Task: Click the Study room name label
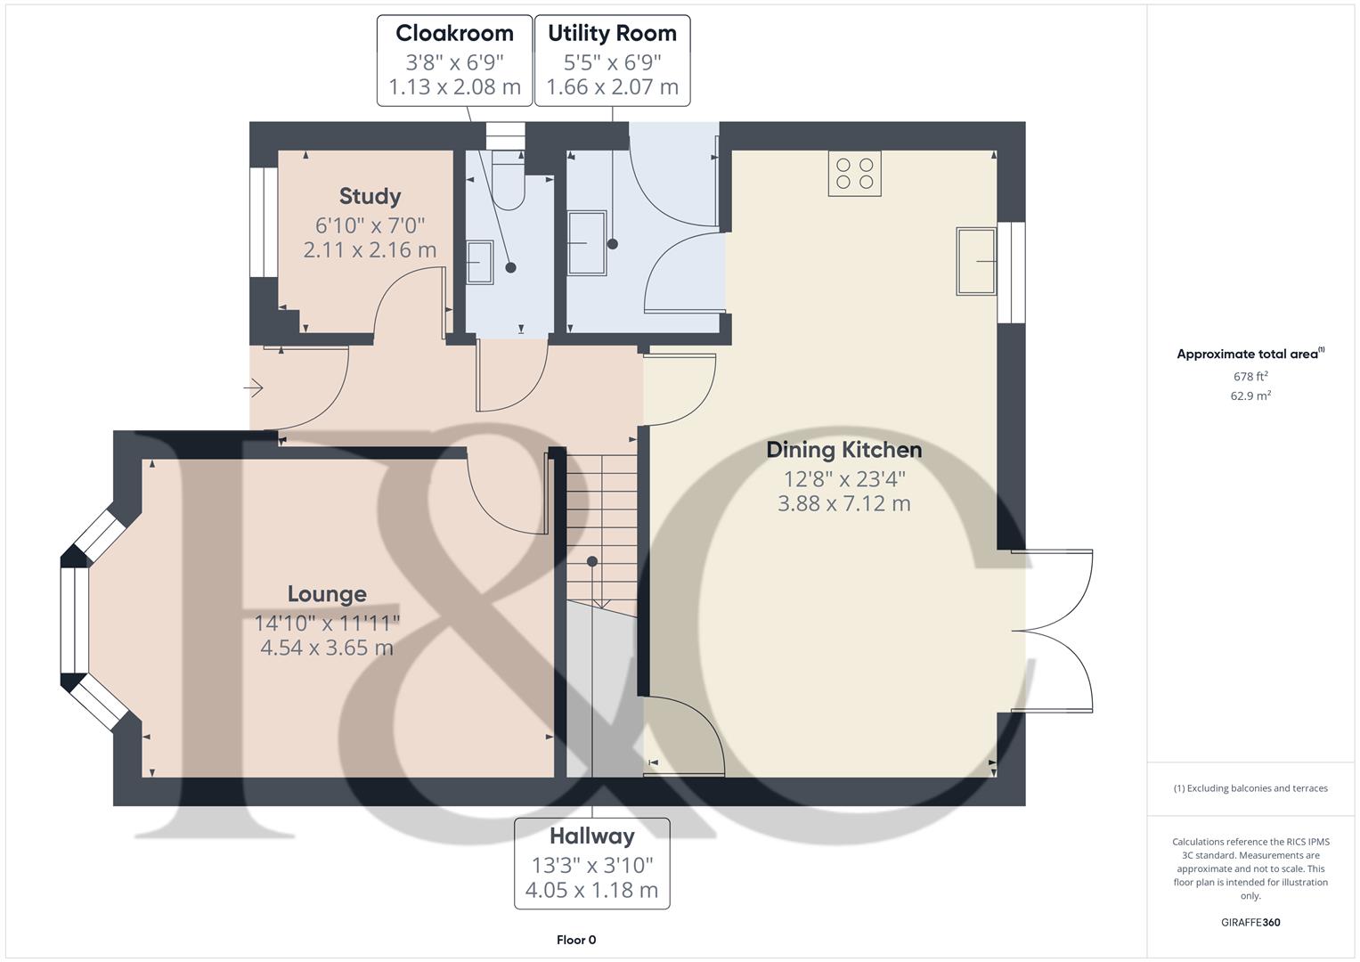(370, 196)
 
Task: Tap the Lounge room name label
(327, 594)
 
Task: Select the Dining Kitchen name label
(843, 450)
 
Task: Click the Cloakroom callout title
(454, 34)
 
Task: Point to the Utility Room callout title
(612, 34)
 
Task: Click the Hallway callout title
(591, 836)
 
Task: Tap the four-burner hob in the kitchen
(855, 173)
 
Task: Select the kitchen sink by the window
(976, 261)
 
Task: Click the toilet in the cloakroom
(509, 183)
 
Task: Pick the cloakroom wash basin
(479, 262)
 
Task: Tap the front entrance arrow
(255, 388)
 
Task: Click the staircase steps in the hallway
(602, 526)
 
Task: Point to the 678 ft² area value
(1250, 377)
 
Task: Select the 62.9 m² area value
(1250, 396)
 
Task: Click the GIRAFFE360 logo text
(1250, 923)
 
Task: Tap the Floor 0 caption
(576, 940)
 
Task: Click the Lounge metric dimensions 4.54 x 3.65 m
(327, 648)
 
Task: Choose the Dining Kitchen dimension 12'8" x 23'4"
(843, 479)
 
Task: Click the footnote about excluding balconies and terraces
(1250, 788)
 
